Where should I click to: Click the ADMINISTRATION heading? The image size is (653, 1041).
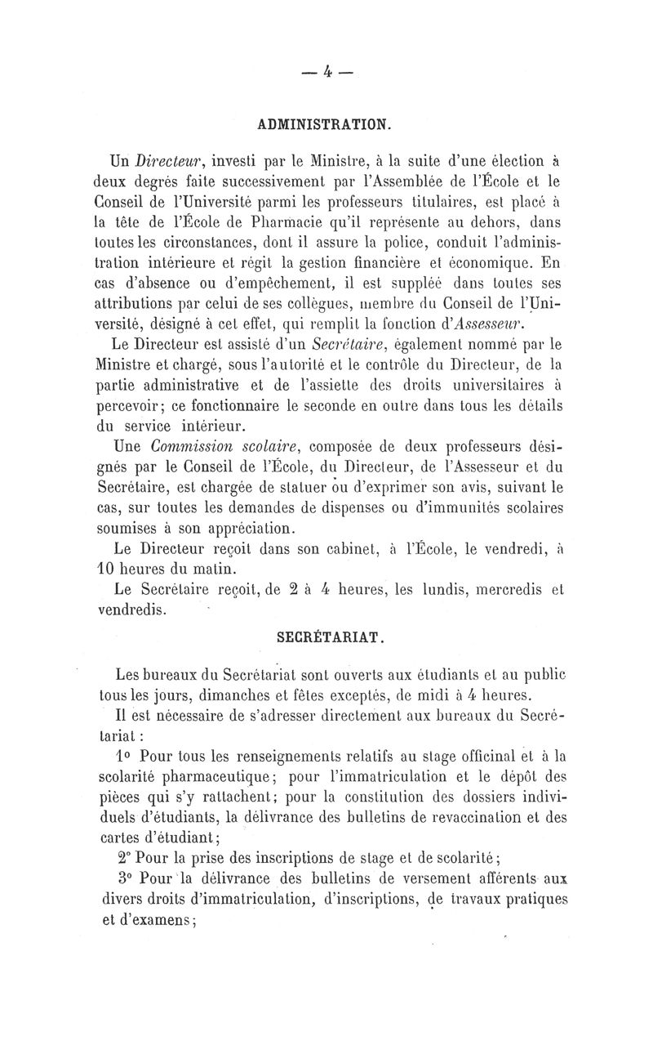326,125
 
